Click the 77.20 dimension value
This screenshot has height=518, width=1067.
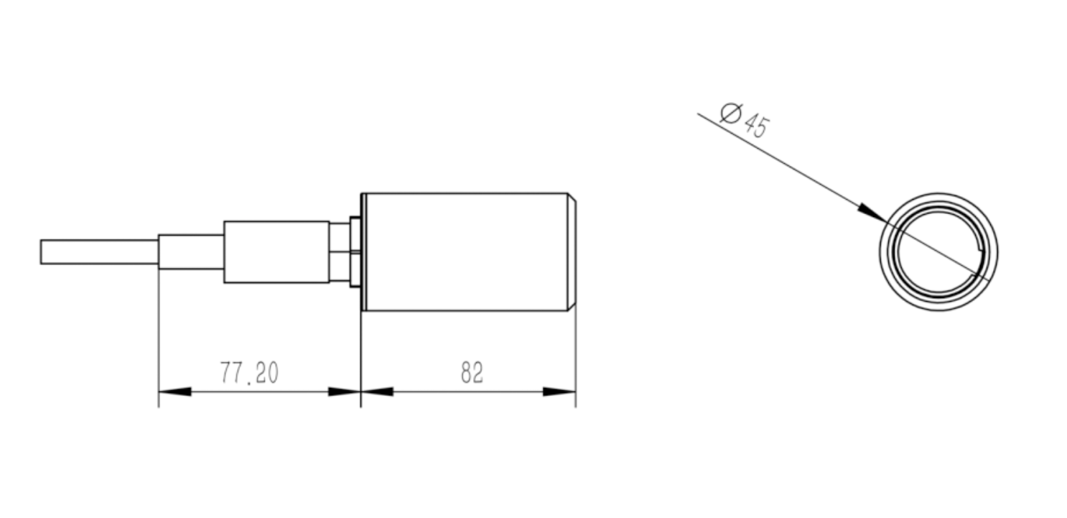(x=249, y=373)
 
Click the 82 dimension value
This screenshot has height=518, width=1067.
(x=472, y=373)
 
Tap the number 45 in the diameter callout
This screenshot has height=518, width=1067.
(x=756, y=126)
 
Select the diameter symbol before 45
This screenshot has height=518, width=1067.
(x=731, y=114)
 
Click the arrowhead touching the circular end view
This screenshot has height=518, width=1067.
(x=872, y=213)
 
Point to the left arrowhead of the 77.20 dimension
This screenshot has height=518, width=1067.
(x=174, y=392)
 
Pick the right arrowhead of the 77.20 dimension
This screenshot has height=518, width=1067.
(x=345, y=392)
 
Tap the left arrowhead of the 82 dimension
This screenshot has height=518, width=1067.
(x=377, y=392)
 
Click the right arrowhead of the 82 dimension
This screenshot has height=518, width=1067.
(x=559, y=392)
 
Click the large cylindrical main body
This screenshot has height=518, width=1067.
(x=467, y=252)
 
